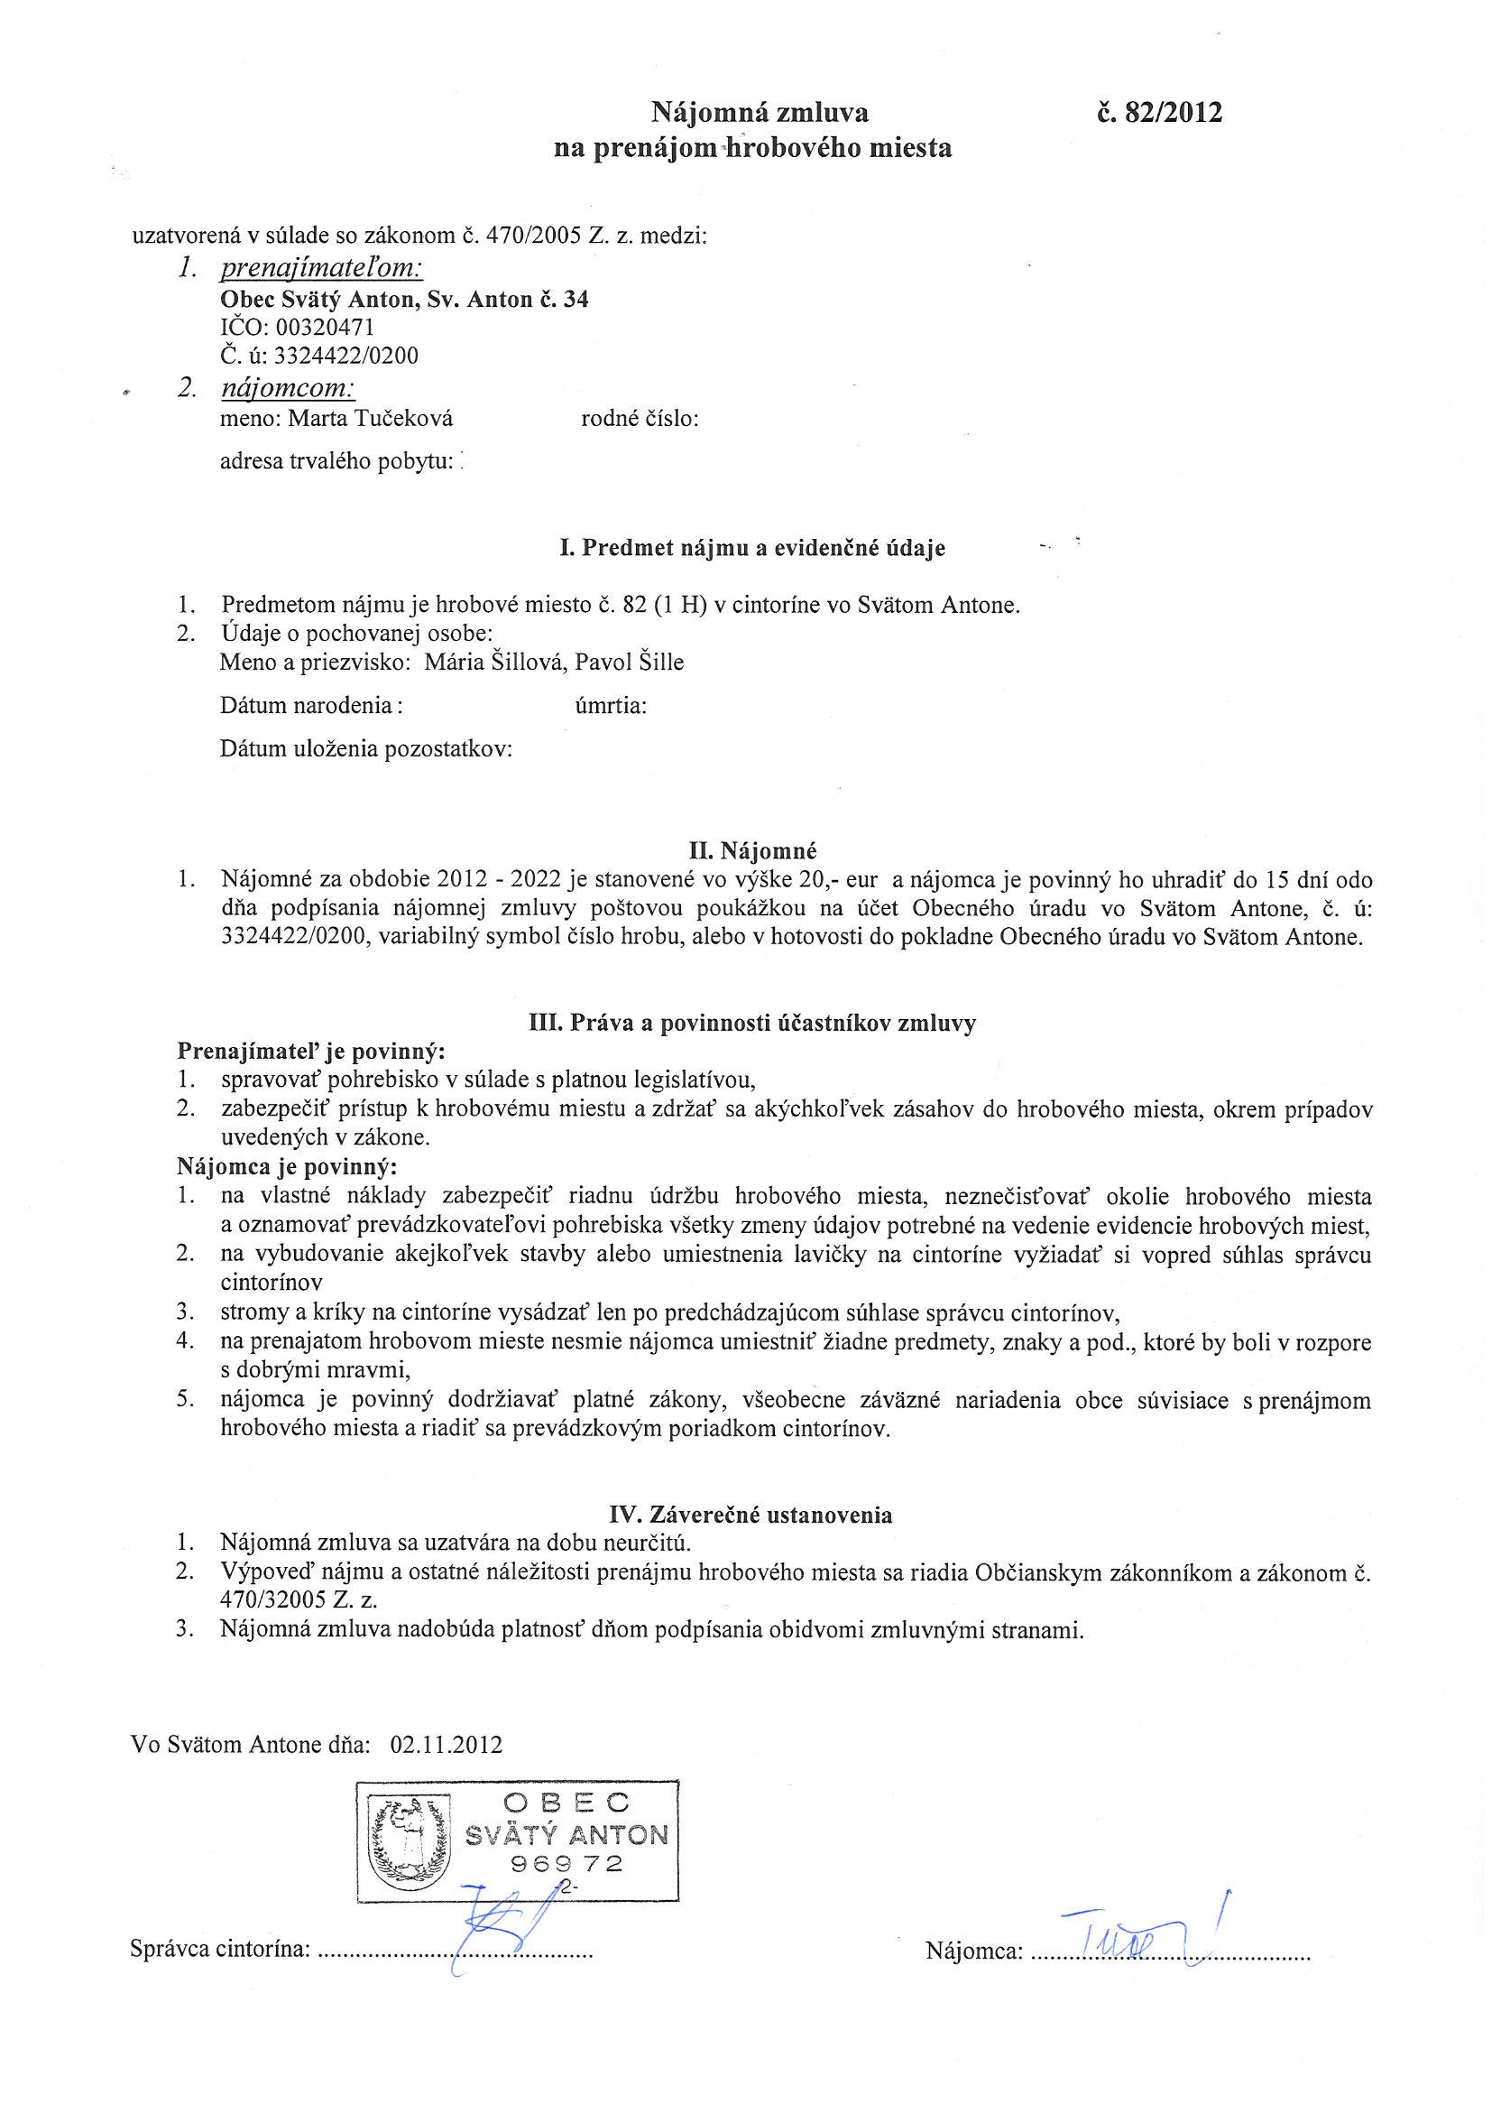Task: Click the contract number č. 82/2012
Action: (1159, 113)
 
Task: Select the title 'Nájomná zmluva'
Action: (760, 113)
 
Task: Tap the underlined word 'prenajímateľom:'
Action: (322, 269)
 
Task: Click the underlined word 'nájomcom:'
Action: (289, 388)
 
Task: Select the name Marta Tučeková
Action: (370, 419)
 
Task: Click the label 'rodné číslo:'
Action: (640, 419)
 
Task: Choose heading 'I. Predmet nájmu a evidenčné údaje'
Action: (752, 548)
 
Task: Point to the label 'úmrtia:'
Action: (610, 707)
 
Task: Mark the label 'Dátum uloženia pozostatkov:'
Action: (366, 749)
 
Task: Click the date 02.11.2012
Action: (447, 1745)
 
